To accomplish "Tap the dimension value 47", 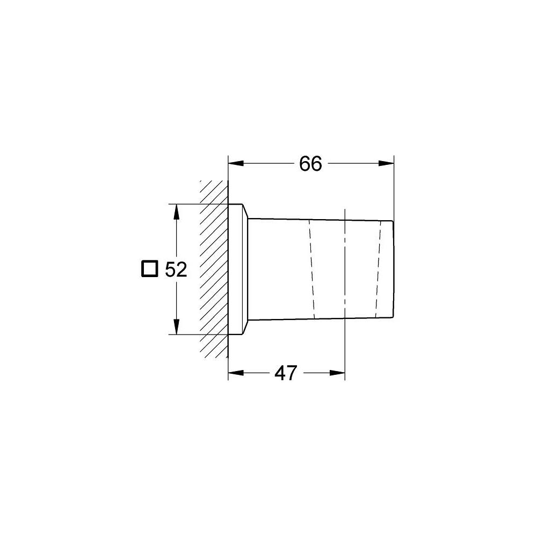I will tap(285, 373).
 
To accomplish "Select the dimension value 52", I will tap(176, 270).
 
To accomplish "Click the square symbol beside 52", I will tap(150, 269).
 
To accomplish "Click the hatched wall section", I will tap(214, 268).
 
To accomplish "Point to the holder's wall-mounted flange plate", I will tap(237, 268).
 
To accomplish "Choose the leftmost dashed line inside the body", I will tap(311, 268).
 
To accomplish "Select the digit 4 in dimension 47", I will tap(279, 373).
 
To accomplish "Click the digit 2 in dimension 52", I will tap(182, 270).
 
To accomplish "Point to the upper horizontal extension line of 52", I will tap(199, 204).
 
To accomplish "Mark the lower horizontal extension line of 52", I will tap(199, 334).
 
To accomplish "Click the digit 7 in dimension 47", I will tap(292, 373).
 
